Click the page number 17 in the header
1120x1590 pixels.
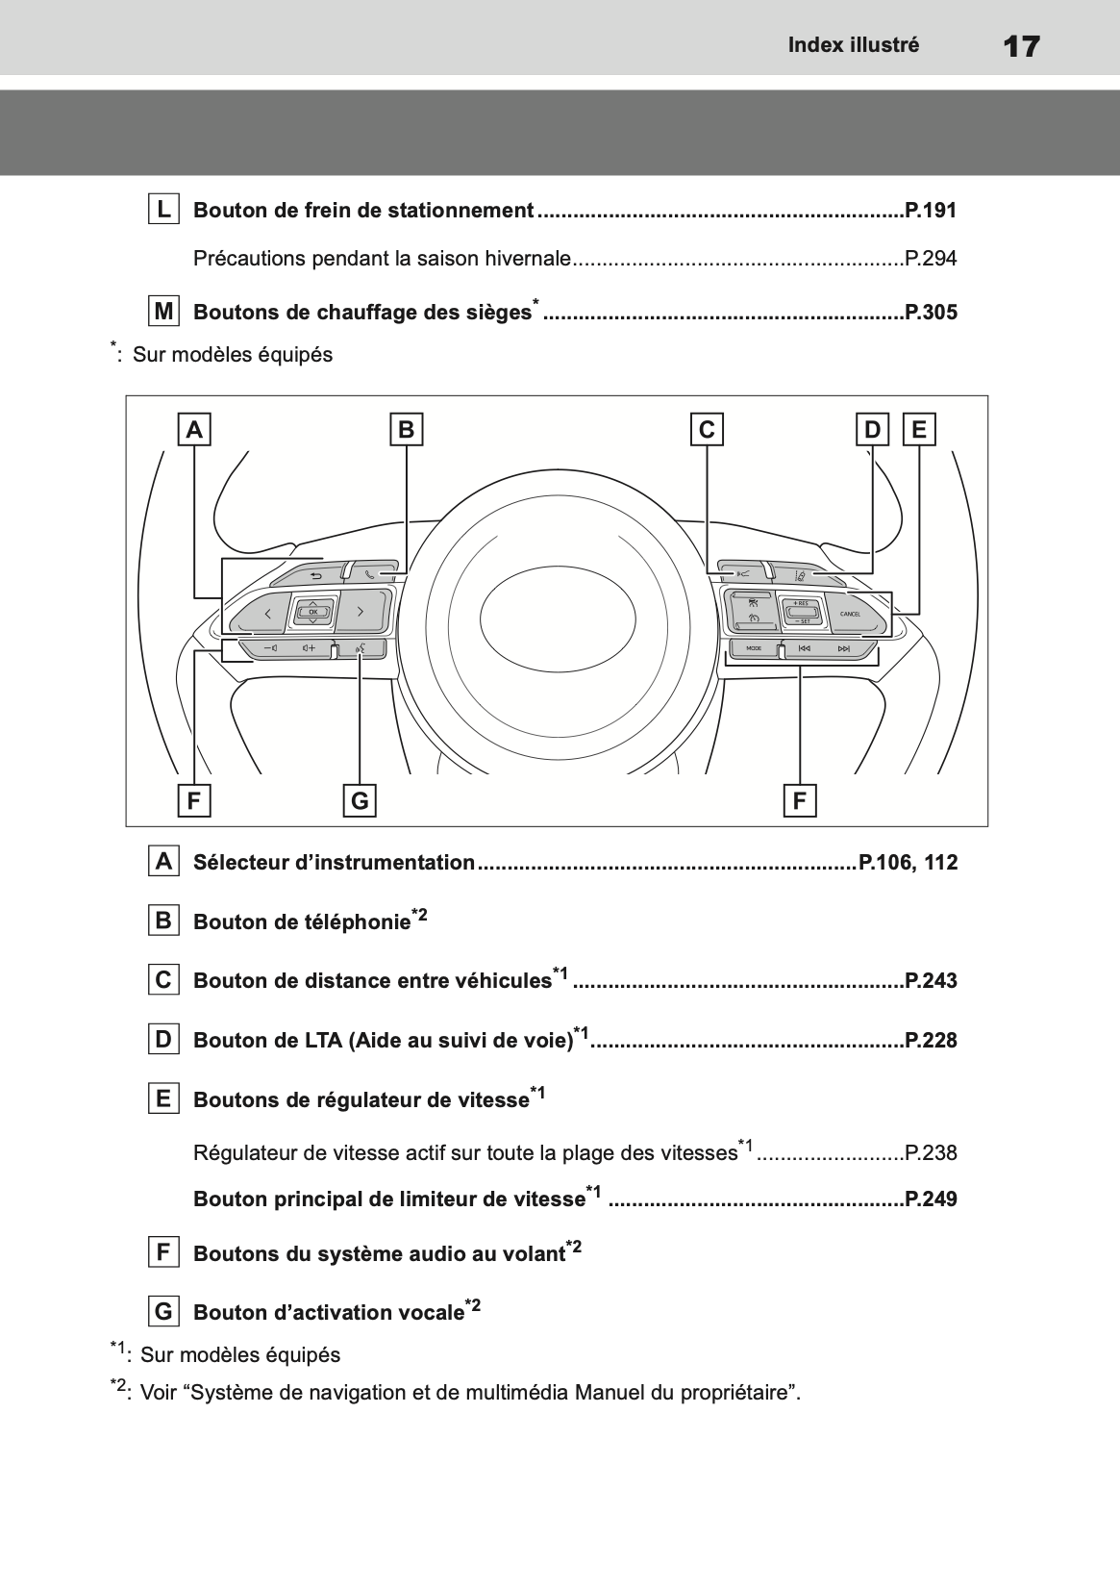pos(1020,46)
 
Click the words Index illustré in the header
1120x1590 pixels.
pos(854,45)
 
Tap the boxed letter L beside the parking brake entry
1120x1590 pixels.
pos(163,209)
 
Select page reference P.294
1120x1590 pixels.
pos(931,259)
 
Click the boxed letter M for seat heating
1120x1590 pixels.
pos(163,312)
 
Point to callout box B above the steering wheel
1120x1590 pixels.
pos(406,429)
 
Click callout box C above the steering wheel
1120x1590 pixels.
pos(707,429)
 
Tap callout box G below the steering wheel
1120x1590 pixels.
pos(360,800)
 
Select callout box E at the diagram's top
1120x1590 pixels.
pos(919,429)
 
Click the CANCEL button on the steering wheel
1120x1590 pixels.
pos(852,614)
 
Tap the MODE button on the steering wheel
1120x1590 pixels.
pos(754,649)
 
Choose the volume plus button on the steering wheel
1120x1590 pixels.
pos(308,649)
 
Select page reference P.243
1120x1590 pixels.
pos(931,981)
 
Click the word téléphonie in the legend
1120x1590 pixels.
pos(361,922)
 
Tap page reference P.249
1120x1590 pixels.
pos(931,1199)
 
